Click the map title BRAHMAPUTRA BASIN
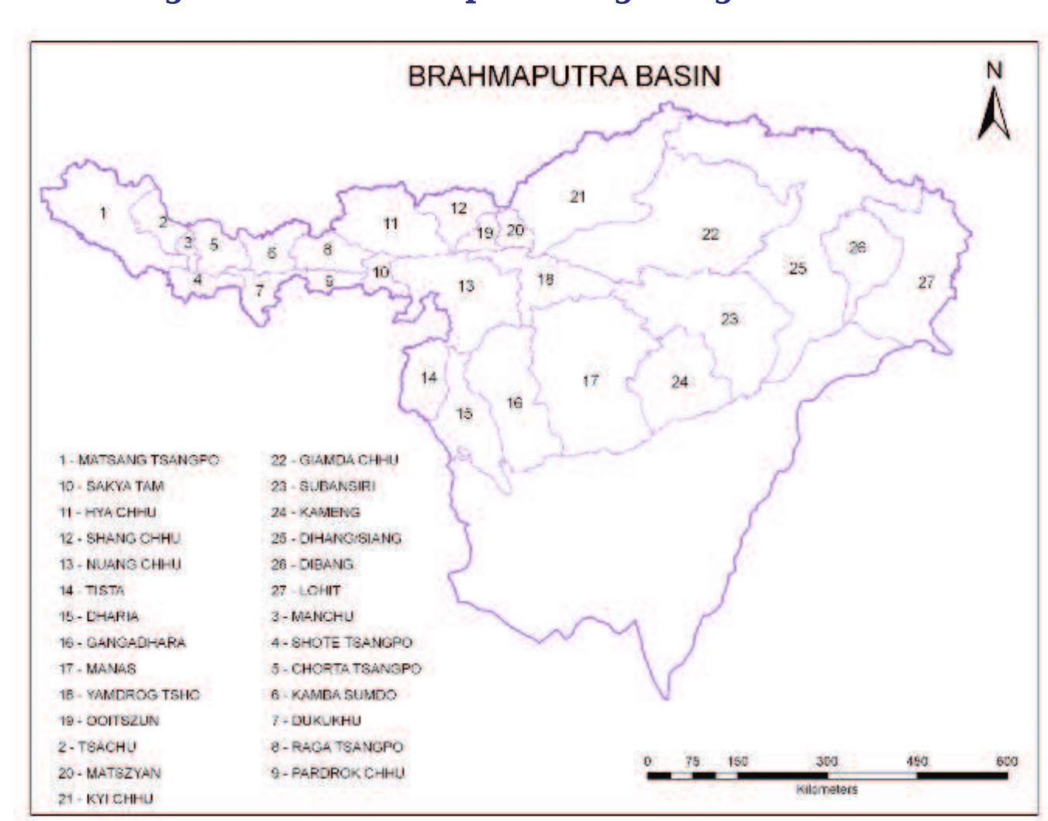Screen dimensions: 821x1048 564,76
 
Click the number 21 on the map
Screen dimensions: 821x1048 577,197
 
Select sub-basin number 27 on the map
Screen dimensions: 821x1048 926,283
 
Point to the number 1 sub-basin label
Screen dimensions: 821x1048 103,212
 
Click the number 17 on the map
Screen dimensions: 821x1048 591,381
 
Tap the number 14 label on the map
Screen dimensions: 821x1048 429,378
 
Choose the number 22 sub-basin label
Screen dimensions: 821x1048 710,234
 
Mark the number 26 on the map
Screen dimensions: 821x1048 857,247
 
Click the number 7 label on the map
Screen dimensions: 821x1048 260,291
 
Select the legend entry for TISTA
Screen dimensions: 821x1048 91,591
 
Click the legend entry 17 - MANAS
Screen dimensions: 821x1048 98,668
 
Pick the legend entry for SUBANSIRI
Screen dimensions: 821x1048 323,486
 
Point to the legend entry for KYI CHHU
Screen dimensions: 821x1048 106,799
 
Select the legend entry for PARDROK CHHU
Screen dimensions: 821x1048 338,773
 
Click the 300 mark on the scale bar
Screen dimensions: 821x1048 827,762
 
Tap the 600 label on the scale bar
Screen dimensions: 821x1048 1006,762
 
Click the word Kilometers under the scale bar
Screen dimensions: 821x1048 826,789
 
